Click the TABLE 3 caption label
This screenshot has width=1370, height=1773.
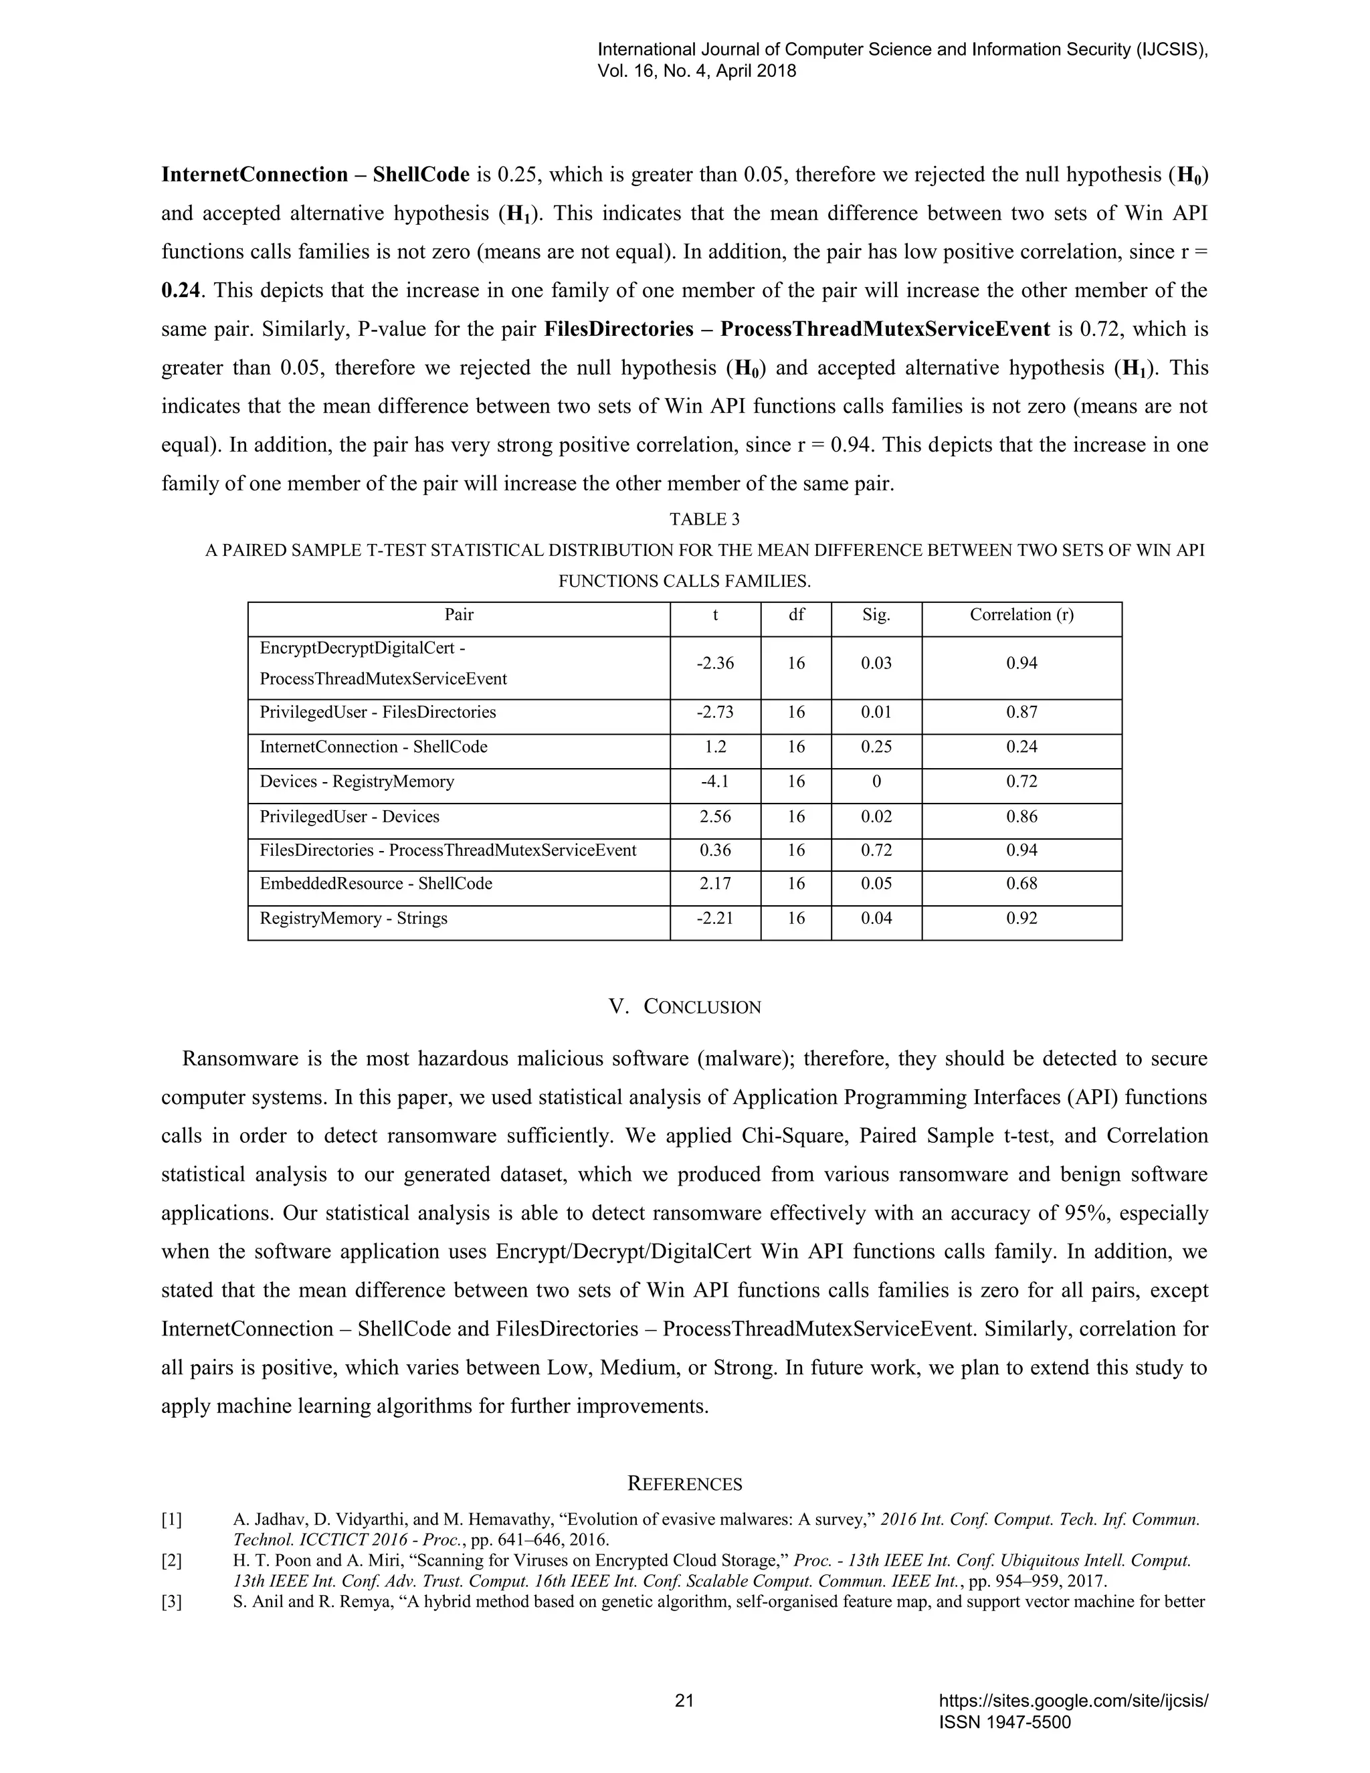click(704, 519)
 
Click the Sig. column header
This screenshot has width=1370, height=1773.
click(876, 615)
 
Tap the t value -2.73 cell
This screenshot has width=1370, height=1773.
click(715, 712)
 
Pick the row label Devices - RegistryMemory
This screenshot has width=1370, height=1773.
click(357, 781)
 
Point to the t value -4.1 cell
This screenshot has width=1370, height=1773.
click(715, 781)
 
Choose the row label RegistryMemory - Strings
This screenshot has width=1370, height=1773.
click(353, 918)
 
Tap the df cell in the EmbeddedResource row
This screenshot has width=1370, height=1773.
click(796, 883)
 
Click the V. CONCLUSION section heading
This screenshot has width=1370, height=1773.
click(684, 1007)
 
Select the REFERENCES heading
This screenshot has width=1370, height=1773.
click(684, 1484)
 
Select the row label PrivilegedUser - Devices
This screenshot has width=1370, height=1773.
click(349, 817)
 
